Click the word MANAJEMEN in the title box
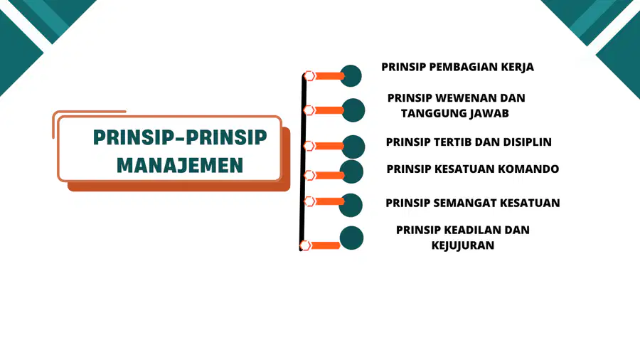[180, 165]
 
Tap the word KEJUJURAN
[463, 245]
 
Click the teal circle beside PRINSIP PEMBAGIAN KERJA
[351, 76]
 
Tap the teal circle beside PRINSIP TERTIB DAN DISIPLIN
[353, 147]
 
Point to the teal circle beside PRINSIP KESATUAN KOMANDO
[351, 171]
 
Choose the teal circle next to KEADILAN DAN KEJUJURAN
[351, 238]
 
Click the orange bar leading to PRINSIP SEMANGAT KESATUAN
[330, 201]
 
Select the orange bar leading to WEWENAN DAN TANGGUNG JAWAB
[329, 110]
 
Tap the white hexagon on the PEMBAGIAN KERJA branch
[309, 76]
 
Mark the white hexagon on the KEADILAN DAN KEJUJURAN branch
[305, 245]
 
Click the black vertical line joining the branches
[303, 162]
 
